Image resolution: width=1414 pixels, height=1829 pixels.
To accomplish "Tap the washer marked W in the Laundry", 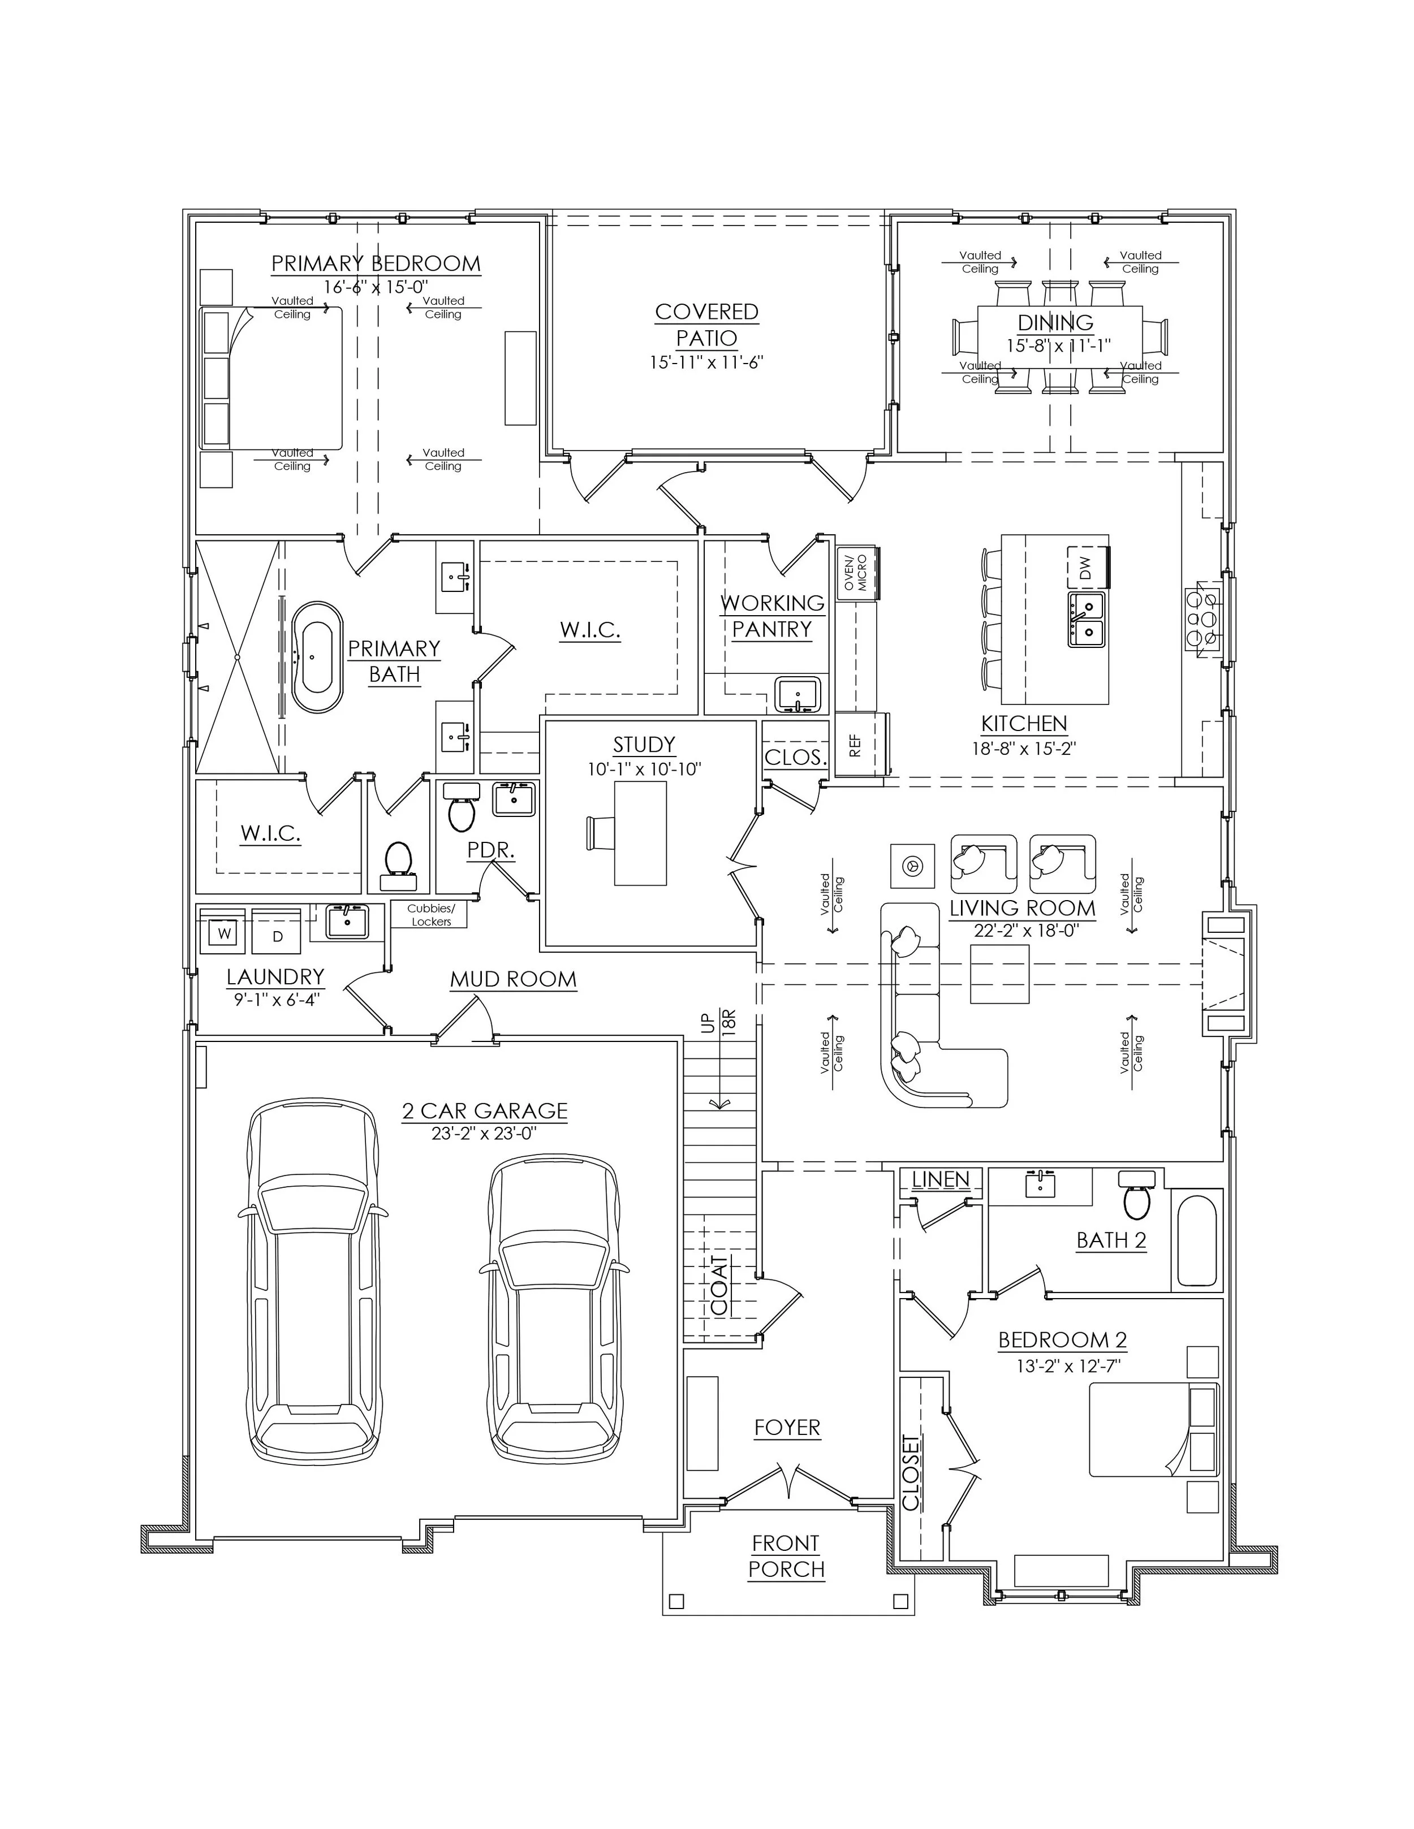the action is [223, 933].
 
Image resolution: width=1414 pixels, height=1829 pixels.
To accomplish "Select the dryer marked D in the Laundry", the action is [277, 935].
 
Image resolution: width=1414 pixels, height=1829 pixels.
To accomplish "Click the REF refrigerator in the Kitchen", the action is [855, 745].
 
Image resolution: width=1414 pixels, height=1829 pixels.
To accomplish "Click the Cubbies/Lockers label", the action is [430, 915].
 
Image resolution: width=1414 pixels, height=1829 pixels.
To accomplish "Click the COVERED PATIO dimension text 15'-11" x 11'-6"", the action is [706, 362].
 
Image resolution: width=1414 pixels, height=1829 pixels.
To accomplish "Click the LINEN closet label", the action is [940, 1179].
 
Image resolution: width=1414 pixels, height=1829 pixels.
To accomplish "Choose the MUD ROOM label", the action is [512, 979].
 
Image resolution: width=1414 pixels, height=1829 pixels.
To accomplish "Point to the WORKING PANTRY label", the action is [771, 616].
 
